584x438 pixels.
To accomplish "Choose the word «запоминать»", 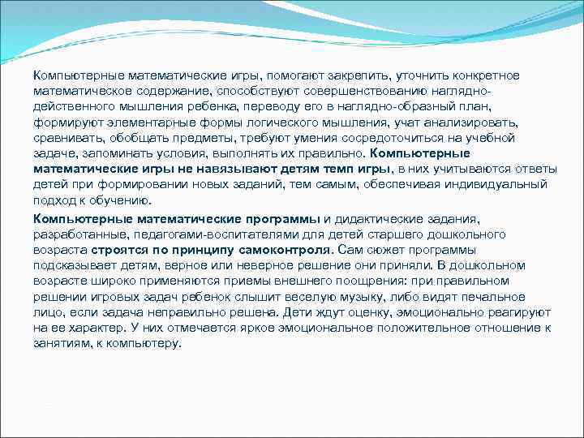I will (114, 153).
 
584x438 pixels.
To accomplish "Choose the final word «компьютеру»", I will (143, 343).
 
